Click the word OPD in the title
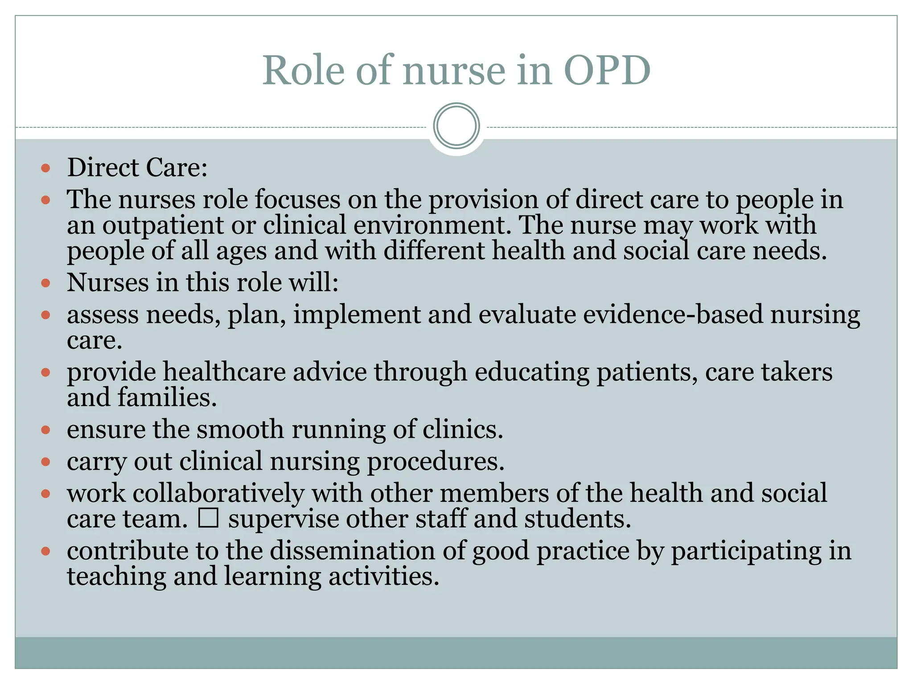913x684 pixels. [x=607, y=70]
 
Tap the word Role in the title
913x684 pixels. [x=303, y=70]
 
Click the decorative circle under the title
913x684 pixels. [x=456, y=126]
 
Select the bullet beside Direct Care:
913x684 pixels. [x=45, y=168]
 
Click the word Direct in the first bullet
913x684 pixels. [x=103, y=168]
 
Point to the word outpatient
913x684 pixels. [x=163, y=225]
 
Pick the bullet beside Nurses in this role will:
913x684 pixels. [x=45, y=283]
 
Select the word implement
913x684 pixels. [x=357, y=315]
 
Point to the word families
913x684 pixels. [x=167, y=397]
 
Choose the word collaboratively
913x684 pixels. [x=218, y=493]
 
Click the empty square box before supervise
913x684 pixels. [x=208, y=518]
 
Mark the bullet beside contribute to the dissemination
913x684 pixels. [x=45, y=552]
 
